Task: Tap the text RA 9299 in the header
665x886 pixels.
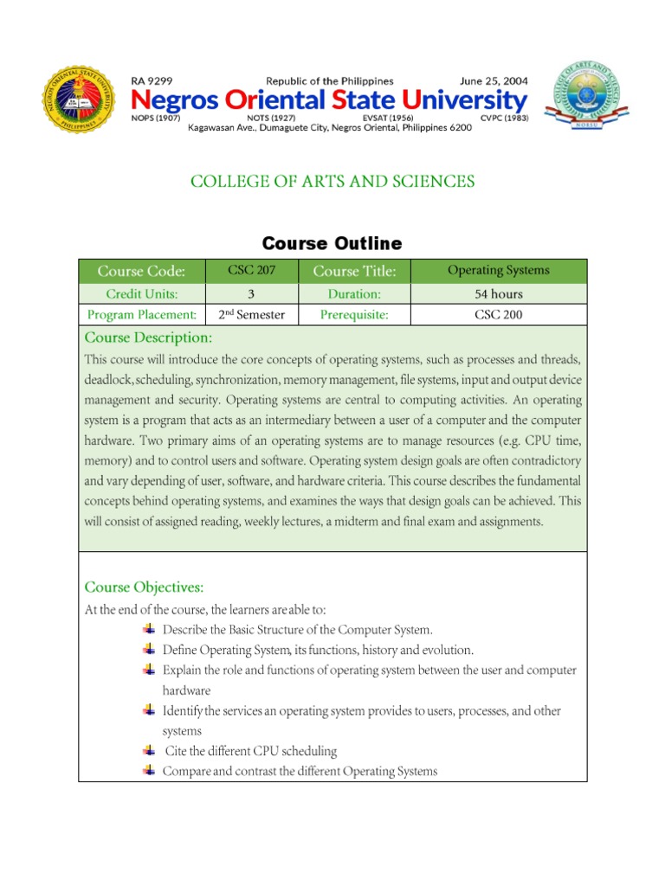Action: (152, 81)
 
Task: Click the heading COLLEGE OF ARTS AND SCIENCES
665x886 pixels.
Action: (332, 181)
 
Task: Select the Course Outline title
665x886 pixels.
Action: (332, 243)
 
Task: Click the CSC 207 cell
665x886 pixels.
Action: (251, 271)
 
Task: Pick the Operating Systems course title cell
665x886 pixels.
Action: (498, 271)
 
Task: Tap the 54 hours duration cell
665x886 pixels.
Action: (498, 294)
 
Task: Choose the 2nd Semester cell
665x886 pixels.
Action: (251, 314)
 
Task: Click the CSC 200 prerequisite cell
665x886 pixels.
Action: (498, 314)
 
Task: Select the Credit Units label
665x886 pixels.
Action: (141, 294)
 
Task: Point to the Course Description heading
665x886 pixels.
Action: (147, 337)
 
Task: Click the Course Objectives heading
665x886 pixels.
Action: (144, 587)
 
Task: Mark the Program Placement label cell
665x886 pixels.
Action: (141, 314)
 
